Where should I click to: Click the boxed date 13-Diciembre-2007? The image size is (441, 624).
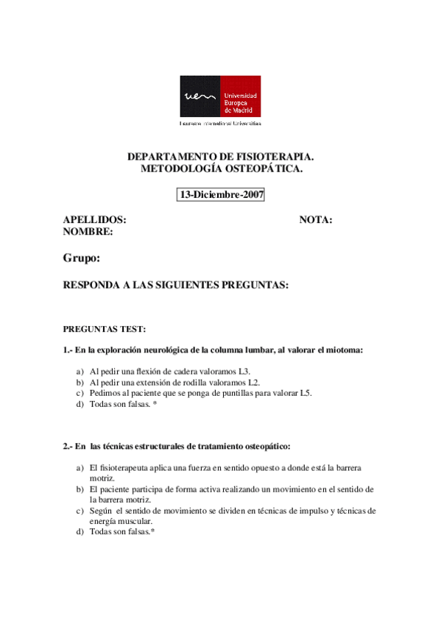pyautogui.click(x=221, y=195)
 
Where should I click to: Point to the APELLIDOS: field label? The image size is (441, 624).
pyautogui.click(x=95, y=220)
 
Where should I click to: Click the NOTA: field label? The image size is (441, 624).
pyautogui.click(x=316, y=220)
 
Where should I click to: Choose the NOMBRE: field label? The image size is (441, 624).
pyautogui.click(x=88, y=232)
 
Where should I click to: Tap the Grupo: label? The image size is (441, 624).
pyautogui.click(x=81, y=258)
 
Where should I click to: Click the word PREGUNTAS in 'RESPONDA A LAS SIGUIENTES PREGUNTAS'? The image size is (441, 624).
pyautogui.click(x=255, y=285)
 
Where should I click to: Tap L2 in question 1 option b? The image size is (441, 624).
pyautogui.click(x=254, y=383)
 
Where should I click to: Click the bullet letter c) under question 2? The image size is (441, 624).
pyautogui.click(x=79, y=510)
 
